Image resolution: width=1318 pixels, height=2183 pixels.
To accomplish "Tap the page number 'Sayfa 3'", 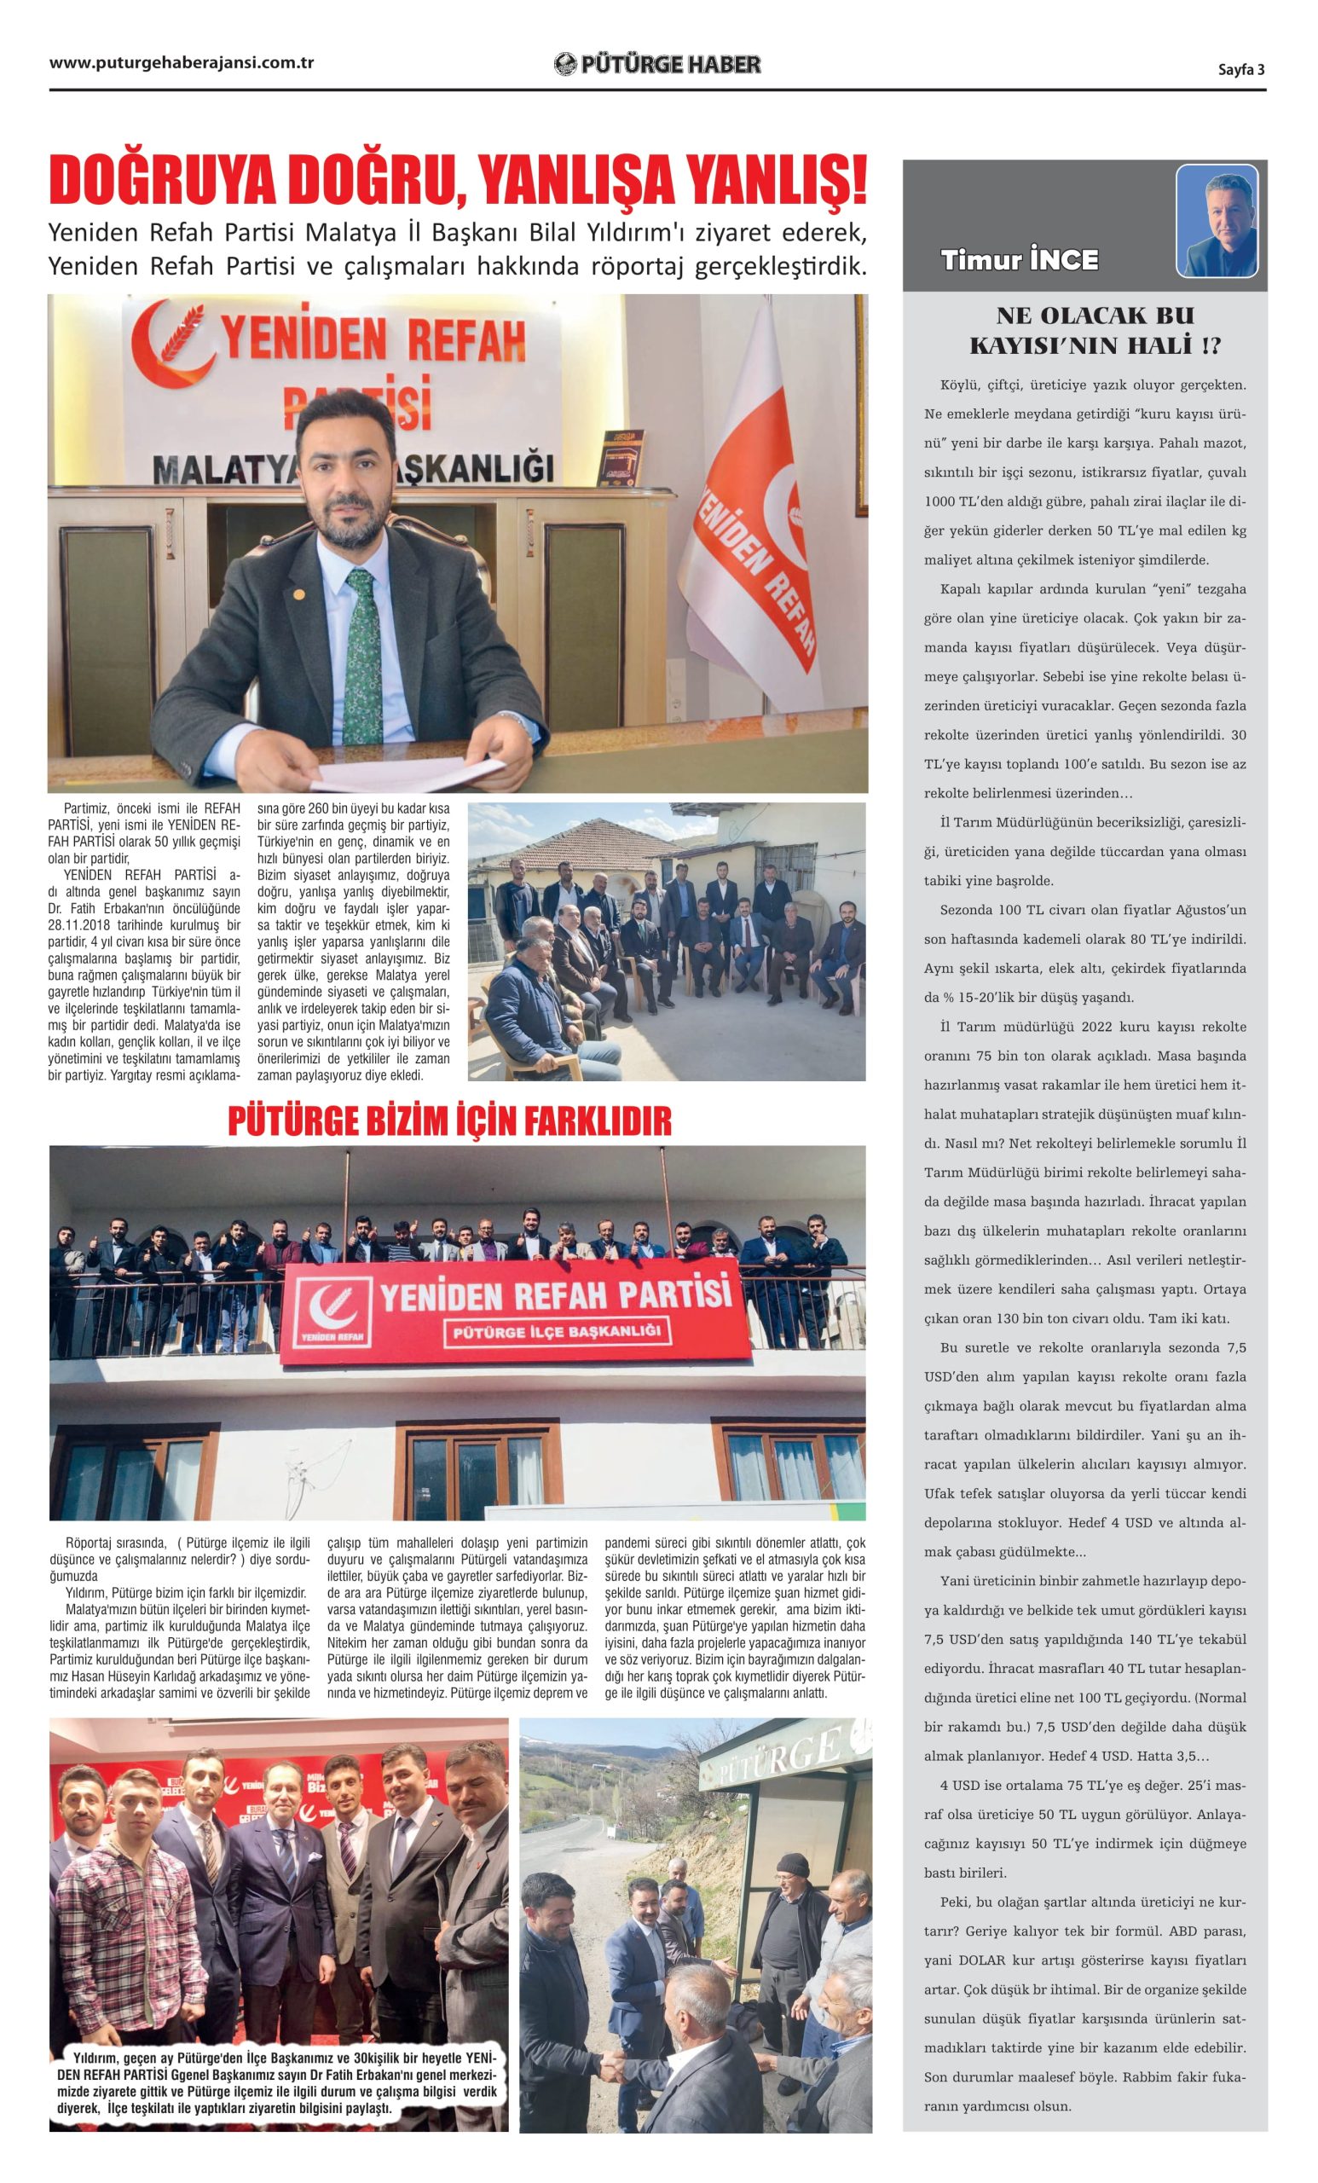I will (x=1241, y=70).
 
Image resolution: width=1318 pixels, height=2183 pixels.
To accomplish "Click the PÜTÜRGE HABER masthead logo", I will (x=656, y=64).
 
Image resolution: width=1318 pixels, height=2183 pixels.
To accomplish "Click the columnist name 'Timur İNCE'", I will (x=1020, y=260).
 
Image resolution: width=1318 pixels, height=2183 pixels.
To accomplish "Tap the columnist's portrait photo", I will (x=1217, y=221).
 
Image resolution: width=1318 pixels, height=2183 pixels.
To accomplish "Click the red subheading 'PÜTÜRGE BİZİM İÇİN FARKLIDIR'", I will (x=449, y=1120).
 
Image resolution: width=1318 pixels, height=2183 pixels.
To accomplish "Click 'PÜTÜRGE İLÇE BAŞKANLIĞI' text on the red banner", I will (x=558, y=1331).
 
